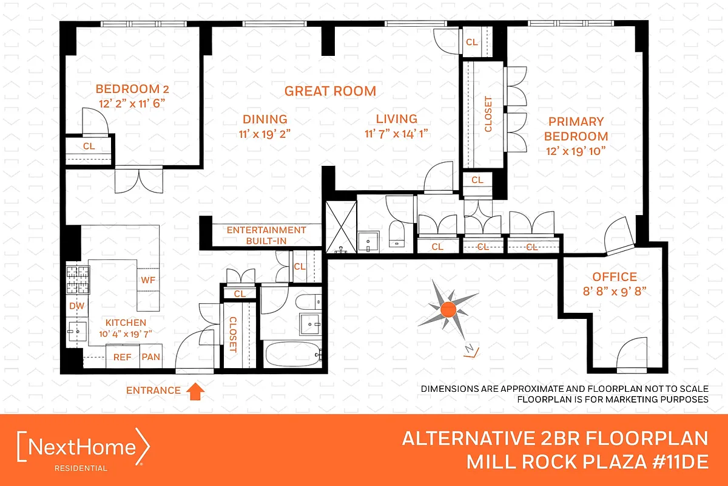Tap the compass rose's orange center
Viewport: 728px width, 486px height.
(448, 309)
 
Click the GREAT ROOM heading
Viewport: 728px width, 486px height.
(331, 91)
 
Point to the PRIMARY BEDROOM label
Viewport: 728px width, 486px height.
(576, 129)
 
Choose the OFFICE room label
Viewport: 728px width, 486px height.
(615, 277)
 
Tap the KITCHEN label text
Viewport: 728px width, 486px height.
(126, 323)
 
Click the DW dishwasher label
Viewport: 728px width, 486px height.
(77, 306)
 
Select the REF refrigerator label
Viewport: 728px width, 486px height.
(122, 357)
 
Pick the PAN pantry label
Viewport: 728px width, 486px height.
(150, 357)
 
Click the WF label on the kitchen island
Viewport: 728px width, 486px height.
(148, 281)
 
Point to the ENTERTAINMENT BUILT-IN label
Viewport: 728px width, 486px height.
(266, 236)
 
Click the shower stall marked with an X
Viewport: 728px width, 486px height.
(340, 227)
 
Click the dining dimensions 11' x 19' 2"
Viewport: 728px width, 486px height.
(265, 134)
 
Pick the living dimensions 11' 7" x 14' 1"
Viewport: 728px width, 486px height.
(397, 134)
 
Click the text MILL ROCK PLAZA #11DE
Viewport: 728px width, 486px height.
(587, 462)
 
